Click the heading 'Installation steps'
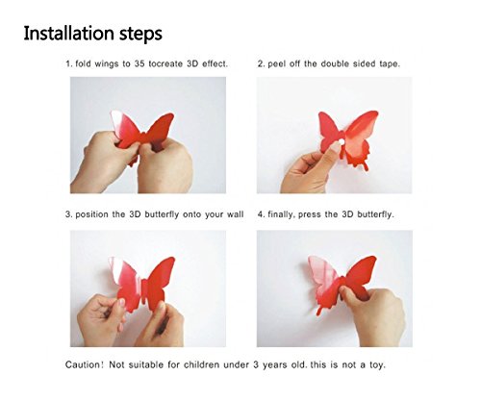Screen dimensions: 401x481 pyautogui.click(x=93, y=33)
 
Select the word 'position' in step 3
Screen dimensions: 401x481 pyautogui.click(x=99, y=213)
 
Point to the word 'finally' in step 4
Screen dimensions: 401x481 pyautogui.click(x=285, y=213)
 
